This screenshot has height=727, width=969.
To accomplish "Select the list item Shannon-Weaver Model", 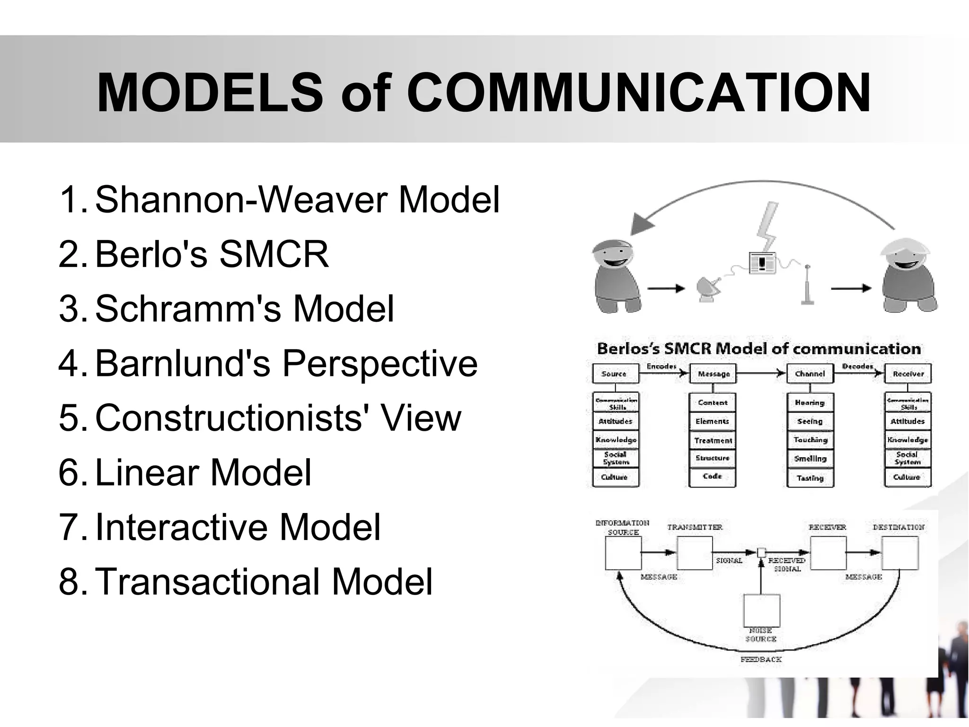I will click(x=297, y=200).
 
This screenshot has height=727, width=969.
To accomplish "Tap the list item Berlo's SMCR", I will click(x=211, y=254).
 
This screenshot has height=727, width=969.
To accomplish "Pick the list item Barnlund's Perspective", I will click(x=286, y=363).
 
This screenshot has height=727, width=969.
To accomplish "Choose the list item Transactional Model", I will click(x=264, y=582).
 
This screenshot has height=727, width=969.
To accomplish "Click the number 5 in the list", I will click(x=70, y=418).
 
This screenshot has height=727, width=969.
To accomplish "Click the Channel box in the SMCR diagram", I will click(x=810, y=374).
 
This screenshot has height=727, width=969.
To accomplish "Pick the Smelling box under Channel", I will click(x=810, y=459).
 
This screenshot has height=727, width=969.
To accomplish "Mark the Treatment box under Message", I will click(x=713, y=441).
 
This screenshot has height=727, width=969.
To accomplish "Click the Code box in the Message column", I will click(x=712, y=477).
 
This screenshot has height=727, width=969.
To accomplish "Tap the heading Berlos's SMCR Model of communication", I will click(x=758, y=349).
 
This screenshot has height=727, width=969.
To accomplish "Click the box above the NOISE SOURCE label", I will click(x=761, y=611).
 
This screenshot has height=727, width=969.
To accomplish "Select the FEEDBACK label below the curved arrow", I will click(x=761, y=659).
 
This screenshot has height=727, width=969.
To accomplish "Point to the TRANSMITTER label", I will click(x=695, y=527).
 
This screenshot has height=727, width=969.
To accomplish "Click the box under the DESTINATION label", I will click(x=900, y=553).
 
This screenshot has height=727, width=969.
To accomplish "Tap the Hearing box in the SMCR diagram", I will click(x=810, y=403).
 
